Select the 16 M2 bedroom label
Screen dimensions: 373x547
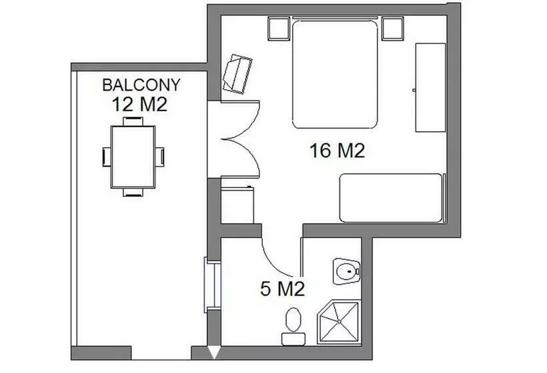click(x=338, y=151)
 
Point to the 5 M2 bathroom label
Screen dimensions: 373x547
click(x=282, y=289)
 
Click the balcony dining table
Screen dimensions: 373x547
click(x=133, y=157)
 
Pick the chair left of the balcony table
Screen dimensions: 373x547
click(x=106, y=157)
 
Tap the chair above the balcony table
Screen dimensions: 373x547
click(x=133, y=121)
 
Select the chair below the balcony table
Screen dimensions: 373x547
click(x=133, y=192)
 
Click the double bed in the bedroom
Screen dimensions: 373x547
click(x=335, y=73)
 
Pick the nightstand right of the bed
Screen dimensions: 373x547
click(x=393, y=29)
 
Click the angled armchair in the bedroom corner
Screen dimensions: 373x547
click(x=237, y=73)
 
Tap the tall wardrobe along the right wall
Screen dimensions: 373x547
click(x=430, y=87)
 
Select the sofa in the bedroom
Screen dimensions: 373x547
click(x=391, y=197)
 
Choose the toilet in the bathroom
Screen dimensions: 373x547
click(x=293, y=326)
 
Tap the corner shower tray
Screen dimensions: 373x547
click(x=338, y=323)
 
